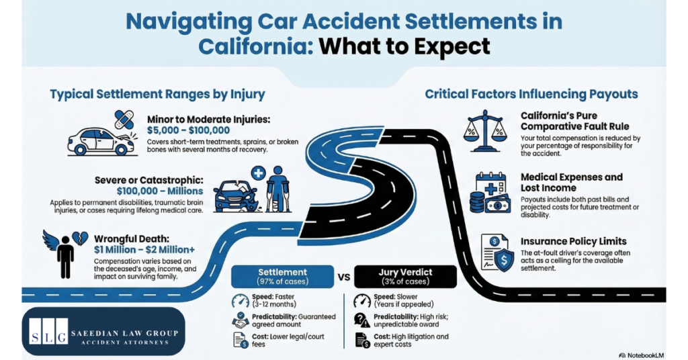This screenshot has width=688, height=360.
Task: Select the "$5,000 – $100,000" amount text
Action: (188, 130)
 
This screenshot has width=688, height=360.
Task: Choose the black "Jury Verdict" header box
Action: (405, 276)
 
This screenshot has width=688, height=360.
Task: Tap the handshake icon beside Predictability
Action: (240, 320)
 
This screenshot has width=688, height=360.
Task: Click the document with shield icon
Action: (494, 254)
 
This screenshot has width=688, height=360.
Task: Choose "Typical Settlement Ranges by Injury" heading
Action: (157, 94)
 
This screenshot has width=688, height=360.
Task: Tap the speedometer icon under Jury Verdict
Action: (363, 300)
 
